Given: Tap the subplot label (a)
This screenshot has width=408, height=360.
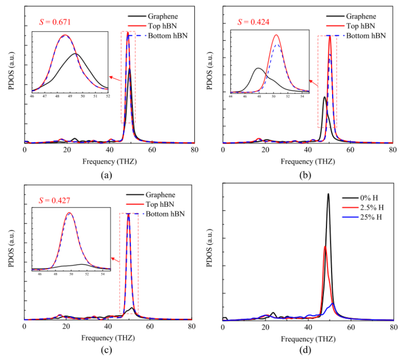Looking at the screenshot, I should pyautogui.click(x=106, y=175).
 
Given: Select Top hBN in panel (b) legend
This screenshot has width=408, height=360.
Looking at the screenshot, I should pyautogui.click(x=358, y=25).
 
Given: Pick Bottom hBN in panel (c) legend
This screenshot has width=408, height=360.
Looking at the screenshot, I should pyautogui.click(x=166, y=213).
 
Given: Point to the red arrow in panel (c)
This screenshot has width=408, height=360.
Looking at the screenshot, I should pyautogui.click(x=115, y=258).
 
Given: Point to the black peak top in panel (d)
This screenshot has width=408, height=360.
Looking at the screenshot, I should pyautogui.click(x=328, y=194).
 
